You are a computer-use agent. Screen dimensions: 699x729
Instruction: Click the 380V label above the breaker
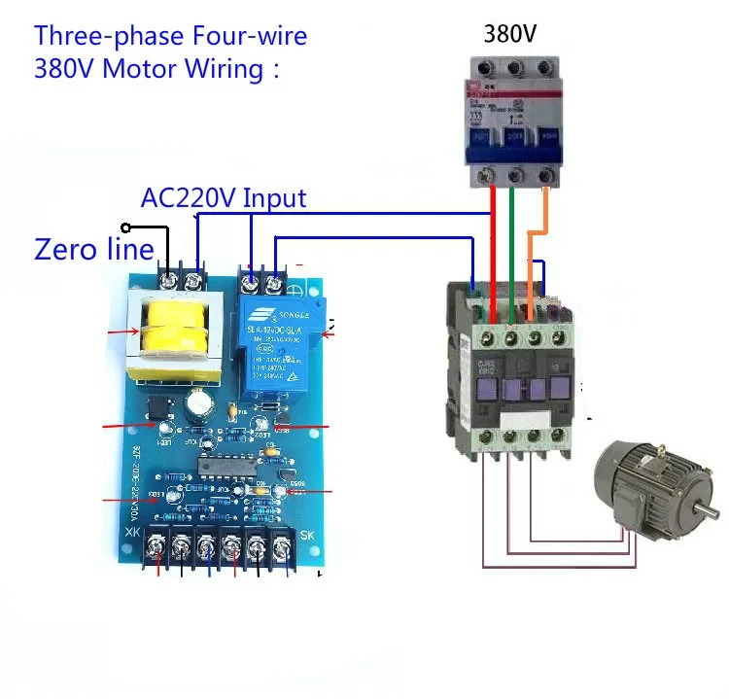(x=510, y=35)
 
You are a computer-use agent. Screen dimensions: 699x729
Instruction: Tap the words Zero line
(x=94, y=250)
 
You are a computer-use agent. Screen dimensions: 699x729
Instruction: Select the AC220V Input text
(x=224, y=198)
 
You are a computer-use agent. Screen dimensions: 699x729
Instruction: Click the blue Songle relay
(x=281, y=346)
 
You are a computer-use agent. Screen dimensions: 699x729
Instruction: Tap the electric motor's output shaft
(x=707, y=510)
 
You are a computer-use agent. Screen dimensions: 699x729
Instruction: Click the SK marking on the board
(x=305, y=534)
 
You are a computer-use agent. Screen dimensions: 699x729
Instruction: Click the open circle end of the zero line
(x=125, y=228)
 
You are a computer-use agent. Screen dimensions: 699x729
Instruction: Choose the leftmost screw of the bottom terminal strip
(x=155, y=551)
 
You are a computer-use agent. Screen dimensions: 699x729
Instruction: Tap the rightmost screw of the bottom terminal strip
(x=281, y=551)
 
